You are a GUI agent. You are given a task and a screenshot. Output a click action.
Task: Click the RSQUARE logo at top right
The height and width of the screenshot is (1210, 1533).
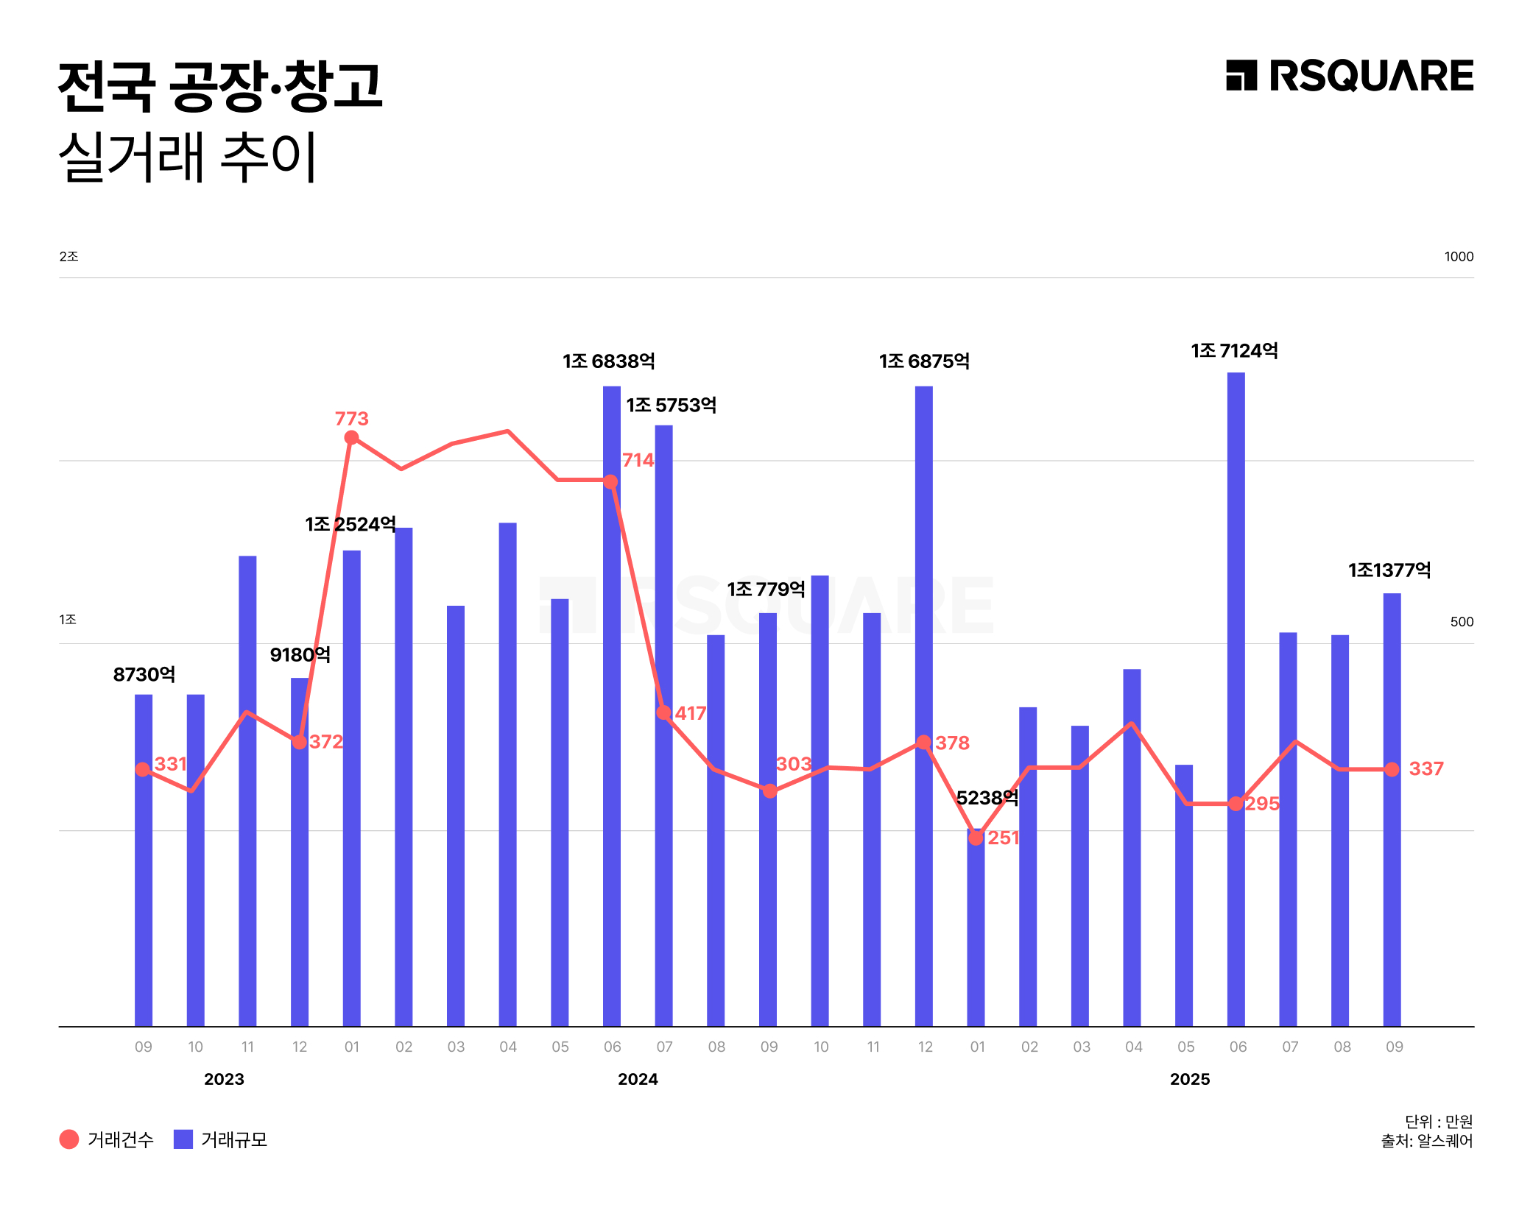click(x=1349, y=76)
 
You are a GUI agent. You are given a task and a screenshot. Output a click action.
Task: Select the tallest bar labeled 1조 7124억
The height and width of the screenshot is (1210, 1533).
click(x=1236, y=699)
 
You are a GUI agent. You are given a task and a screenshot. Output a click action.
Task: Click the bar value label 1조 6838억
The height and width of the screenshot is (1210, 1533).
click(x=608, y=361)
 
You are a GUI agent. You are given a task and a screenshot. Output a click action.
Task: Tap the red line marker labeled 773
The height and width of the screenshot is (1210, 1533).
click(x=351, y=438)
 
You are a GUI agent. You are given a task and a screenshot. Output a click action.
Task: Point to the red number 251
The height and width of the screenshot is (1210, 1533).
click(x=1003, y=838)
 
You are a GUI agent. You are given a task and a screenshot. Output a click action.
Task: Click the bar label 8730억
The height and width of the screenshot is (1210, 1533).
click(x=144, y=674)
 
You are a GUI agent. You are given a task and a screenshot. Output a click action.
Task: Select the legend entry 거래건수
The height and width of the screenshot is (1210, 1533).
click(x=107, y=1139)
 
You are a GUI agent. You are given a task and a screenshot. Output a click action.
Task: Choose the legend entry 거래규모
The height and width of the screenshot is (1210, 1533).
click(x=221, y=1139)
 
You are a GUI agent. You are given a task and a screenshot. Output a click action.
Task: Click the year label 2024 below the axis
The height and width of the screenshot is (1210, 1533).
click(x=638, y=1079)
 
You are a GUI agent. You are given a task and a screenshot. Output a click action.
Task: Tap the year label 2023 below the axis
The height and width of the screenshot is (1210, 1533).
click(x=224, y=1079)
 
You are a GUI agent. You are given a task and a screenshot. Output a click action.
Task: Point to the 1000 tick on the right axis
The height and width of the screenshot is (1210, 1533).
click(x=1458, y=257)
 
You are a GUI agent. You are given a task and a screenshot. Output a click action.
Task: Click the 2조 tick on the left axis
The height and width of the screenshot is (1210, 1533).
click(x=68, y=256)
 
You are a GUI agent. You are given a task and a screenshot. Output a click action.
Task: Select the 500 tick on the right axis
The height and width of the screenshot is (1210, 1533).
click(x=1461, y=622)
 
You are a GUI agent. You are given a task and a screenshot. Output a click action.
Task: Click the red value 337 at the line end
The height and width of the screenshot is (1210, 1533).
click(x=1425, y=768)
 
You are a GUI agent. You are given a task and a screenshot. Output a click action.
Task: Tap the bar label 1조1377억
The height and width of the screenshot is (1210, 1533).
click(x=1389, y=570)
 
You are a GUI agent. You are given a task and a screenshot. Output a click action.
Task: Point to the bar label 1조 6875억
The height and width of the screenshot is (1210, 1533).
click(x=924, y=361)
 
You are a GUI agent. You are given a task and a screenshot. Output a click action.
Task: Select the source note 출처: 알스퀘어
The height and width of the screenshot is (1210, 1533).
click(x=1426, y=1141)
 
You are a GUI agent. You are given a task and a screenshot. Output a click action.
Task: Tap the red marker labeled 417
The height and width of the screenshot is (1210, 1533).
click(x=663, y=712)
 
